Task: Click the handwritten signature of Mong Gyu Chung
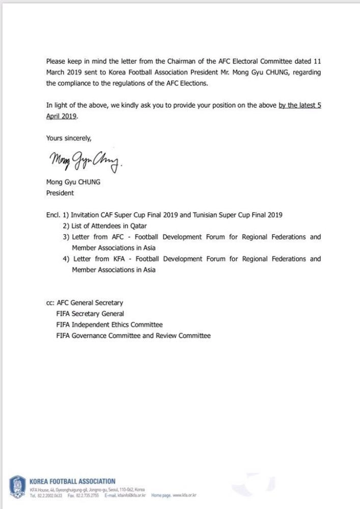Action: [x=85, y=163]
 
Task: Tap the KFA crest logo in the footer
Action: [x=18, y=486]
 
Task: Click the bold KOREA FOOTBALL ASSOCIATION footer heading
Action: [x=72, y=481]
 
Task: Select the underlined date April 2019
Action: [x=61, y=116]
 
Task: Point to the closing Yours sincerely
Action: [x=69, y=138]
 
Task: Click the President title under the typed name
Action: [x=60, y=193]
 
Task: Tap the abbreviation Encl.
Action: [x=53, y=215]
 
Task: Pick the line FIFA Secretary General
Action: [x=90, y=314]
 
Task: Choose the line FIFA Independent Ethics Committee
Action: [x=109, y=325]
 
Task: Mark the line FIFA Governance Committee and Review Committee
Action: [x=133, y=335]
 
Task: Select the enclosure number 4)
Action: [x=66, y=259]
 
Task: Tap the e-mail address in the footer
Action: [x=132, y=495]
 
